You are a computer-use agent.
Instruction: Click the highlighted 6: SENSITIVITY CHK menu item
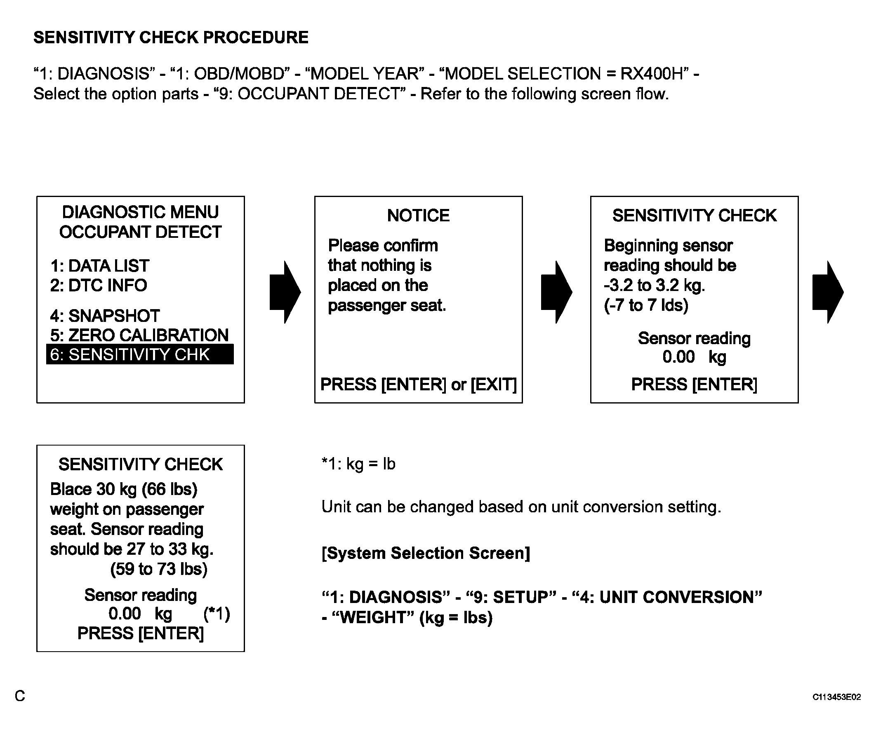pos(139,355)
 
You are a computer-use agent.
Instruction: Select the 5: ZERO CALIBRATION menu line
pos(139,335)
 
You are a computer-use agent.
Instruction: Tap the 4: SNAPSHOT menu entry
pos(105,316)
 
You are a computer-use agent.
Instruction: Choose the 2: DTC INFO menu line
pos(99,286)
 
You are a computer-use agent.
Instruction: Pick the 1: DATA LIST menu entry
pos(99,266)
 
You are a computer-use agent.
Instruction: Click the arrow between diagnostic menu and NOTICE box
pos(285,292)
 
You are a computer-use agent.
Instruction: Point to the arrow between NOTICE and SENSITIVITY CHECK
pos(556,292)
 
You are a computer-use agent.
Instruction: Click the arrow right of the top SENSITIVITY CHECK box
pos(828,292)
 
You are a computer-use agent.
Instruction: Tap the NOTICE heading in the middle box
pos(418,216)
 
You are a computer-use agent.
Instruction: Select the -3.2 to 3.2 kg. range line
pos(654,286)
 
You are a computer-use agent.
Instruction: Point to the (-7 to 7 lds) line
pos(646,305)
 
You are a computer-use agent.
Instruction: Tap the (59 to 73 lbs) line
pos(158,569)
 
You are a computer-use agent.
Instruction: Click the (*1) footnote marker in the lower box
pos(217,614)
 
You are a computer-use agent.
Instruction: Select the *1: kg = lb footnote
pos(358,464)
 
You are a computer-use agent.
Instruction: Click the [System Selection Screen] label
pos(426,553)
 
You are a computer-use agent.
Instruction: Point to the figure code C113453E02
pos(836,697)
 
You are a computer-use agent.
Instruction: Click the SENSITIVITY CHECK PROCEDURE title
pos(171,38)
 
